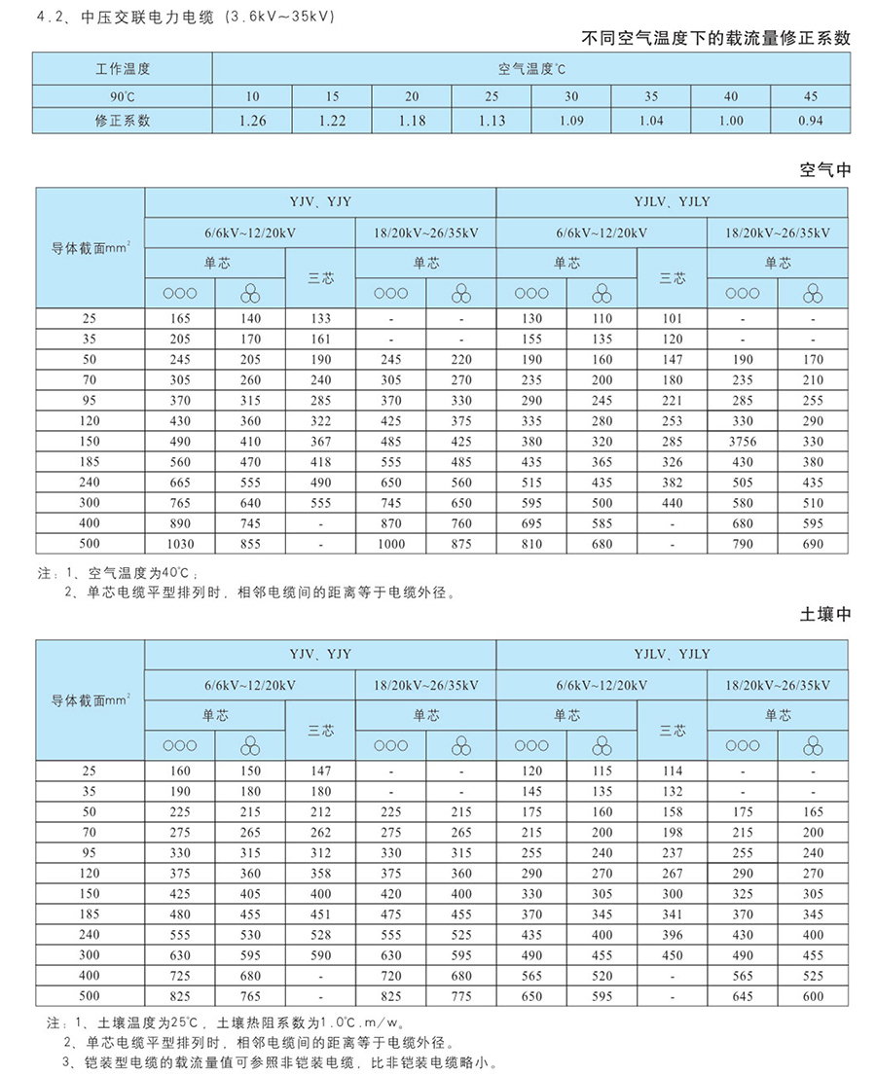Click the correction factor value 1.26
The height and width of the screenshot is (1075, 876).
[252, 122]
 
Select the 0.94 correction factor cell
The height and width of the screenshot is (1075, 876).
[809, 122]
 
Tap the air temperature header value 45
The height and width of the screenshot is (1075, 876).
[810, 96]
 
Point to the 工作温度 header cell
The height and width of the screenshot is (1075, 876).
[123, 69]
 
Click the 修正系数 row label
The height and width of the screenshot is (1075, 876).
[123, 122]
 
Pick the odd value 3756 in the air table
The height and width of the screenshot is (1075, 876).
[742, 441]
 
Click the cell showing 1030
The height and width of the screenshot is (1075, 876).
[180, 544]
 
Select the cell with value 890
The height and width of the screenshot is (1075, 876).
[180, 523]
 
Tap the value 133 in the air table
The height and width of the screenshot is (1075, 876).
[321, 318]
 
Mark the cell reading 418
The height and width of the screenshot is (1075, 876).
[321, 461]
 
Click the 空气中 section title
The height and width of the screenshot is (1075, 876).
[824, 169]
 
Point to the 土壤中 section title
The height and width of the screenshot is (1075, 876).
[824, 615]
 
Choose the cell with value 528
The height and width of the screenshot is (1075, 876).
[321, 935]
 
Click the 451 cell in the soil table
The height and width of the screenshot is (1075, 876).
[321, 914]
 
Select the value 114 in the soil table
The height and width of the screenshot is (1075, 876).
[672, 770]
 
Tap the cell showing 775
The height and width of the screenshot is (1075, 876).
[461, 996]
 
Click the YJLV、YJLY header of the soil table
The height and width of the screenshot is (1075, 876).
[672, 655]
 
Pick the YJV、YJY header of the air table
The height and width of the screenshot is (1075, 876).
[320, 202]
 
